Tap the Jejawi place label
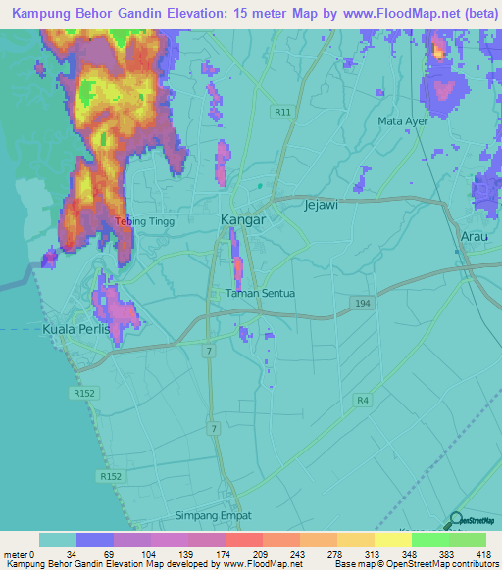tap(322, 206)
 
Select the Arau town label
tap(474, 237)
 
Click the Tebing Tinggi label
tap(146, 221)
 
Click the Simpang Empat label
tap(214, 515)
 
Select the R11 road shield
tap(283, 112)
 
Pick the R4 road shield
tap(363, 399)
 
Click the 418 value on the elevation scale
tap(483, 554)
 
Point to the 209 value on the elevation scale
tap(260, 554)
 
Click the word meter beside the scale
tap(17, 554)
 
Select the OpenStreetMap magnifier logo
tap(455, 522)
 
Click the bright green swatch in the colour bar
tap(429, 540)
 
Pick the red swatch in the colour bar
tap(243, 540)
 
